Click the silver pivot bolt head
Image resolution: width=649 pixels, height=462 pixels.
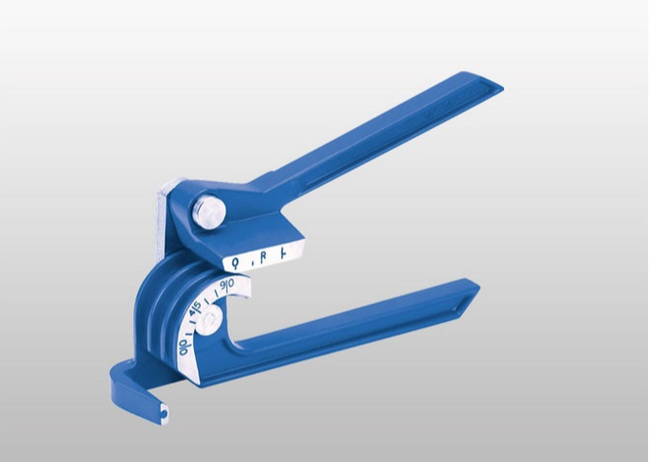coord(208,211)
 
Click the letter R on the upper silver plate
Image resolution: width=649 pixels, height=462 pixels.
coord(262,256)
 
